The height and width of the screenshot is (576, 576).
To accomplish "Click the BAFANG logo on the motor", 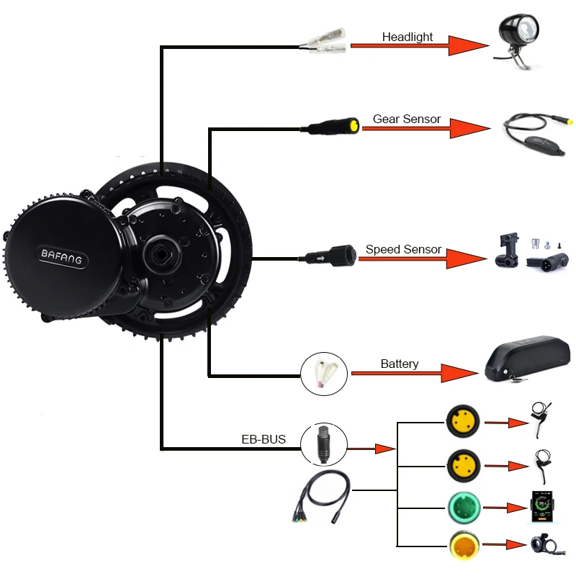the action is click(61, 255).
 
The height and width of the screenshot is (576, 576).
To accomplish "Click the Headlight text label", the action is click(408, 37).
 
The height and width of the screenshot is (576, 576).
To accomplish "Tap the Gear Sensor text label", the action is click(406, 119).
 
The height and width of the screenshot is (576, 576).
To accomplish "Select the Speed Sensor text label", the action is click(403, 249).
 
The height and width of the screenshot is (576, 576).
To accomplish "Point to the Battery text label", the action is click(399, 364).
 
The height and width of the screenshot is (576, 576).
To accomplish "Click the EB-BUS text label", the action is click(264, 438).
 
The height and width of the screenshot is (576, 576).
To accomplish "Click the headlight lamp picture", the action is click(518, 40).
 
